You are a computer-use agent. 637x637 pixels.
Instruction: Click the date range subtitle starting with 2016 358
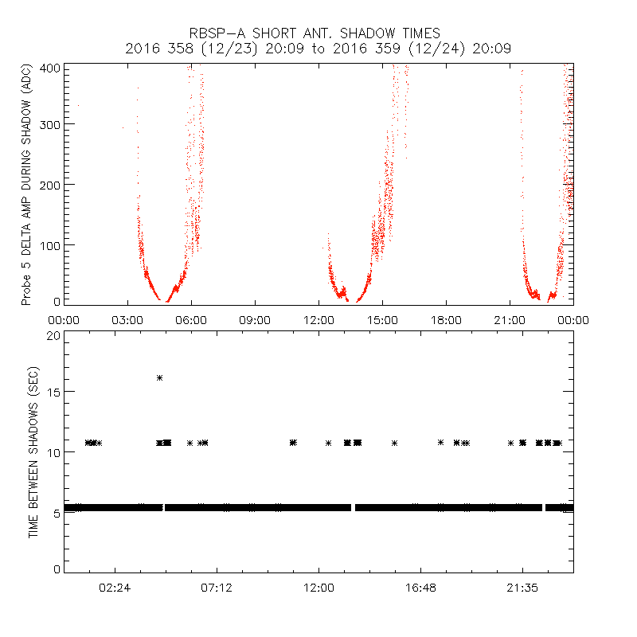(x=318, y=49)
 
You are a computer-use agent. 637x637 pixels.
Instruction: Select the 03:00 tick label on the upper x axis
(x=127, y=320)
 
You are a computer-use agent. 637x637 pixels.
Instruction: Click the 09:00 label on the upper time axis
(x=255, y=320)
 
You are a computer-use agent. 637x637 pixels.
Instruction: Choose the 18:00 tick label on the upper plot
(x=446, y=320)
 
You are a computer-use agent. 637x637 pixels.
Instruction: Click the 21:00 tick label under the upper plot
(x=510, y=320)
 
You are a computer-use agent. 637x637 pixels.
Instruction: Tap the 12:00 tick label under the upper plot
(x=318, y=320)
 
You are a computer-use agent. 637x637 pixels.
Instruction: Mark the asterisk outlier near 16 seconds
(x=159, y=377)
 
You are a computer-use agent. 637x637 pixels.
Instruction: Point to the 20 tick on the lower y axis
(x=53, y=336)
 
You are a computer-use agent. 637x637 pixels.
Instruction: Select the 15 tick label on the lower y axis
(x=53, y=392)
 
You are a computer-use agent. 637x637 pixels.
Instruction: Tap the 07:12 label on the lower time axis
(x=217, y=588)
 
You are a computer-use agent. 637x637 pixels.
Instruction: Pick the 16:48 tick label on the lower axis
(x=420, y=588)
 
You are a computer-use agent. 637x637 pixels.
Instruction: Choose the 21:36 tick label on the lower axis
(x=522, y=588)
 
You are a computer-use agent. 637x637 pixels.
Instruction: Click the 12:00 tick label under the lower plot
(x=318, y=588)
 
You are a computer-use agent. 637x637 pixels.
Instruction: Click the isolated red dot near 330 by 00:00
(x=77, y=105)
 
